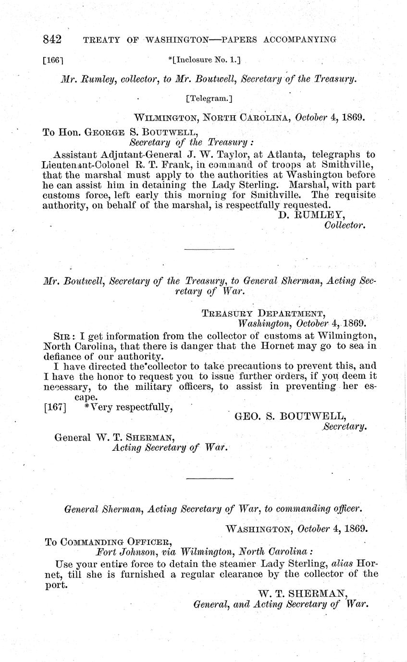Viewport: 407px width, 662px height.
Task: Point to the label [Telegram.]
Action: pyautogui.click(x=209, y=99)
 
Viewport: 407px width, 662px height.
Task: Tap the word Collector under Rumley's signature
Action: pyautogui.click(x=345, y=224)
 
